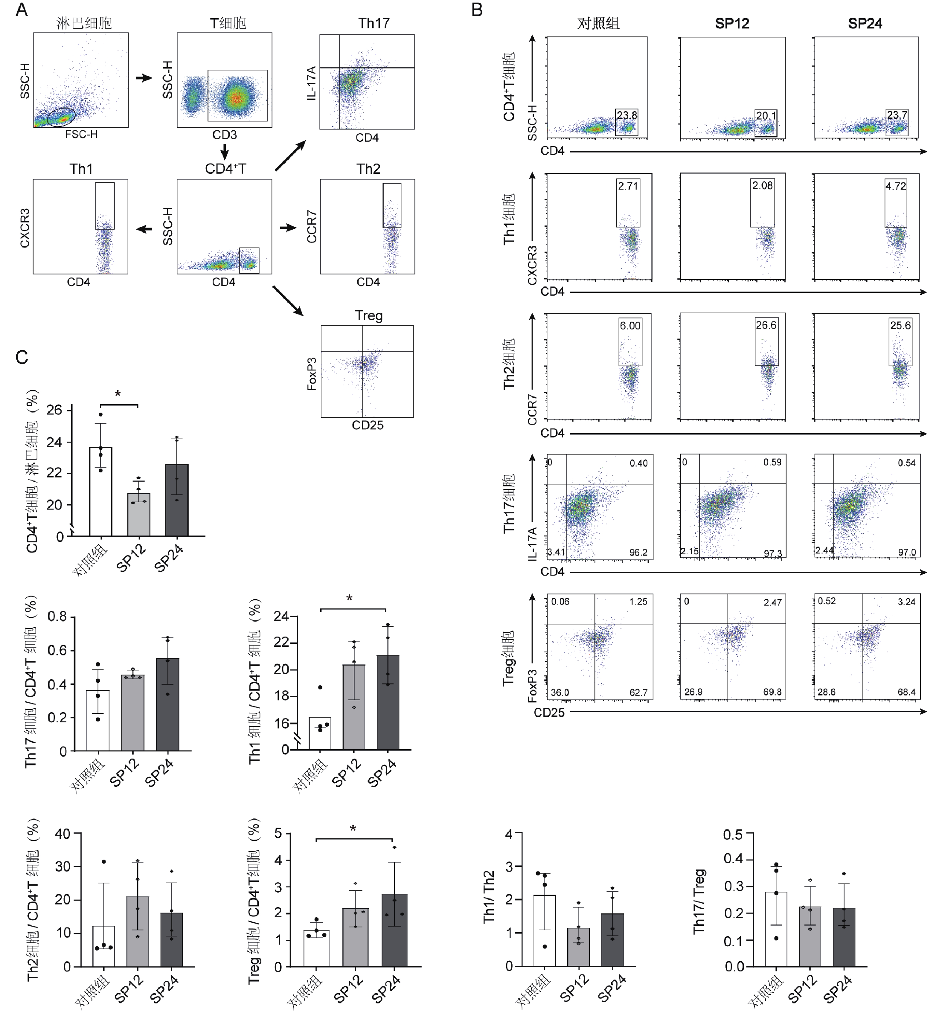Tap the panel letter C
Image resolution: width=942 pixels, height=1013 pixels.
click(x=22, y=357)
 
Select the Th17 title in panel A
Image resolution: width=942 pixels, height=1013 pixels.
click(x=374, y=23)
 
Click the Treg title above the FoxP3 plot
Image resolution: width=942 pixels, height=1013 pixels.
click(x=368, y=316)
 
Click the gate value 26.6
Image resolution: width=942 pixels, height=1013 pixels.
click(x=766, y=325)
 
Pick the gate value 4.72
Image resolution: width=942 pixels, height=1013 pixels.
click(x=896, y=186)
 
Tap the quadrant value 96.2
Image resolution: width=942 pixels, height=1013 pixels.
click(x=638, y=552)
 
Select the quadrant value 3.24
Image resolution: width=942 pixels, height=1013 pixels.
click(x=906, y=602)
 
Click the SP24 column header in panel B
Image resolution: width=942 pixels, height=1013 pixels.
click(x=865, y=23)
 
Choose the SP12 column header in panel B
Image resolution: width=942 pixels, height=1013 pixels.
click(x=732, y=23)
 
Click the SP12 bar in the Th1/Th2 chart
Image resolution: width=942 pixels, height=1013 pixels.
click(x=578, y=948)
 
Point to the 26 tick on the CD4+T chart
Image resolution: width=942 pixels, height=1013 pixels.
click(x=54, y=410)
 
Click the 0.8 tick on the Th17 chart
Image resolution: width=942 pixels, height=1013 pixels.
click(x=57, y=617)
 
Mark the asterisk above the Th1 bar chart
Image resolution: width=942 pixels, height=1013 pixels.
click(x=349, y=599)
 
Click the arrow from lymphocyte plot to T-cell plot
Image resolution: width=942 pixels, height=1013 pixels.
click(x=144, y=78)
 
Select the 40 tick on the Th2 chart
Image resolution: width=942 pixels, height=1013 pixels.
click(x=63, y=834)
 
